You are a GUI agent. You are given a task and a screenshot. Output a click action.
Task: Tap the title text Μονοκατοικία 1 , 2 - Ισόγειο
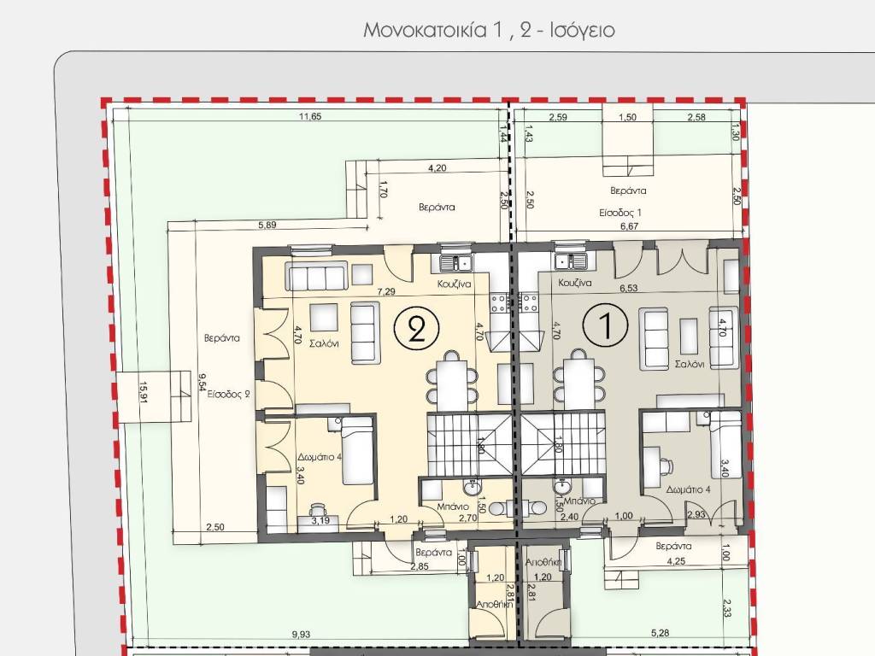[489, 30]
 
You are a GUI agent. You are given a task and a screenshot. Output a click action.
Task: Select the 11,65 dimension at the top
[310, 116]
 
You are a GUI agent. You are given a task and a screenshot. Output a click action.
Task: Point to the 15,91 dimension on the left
[144, 392]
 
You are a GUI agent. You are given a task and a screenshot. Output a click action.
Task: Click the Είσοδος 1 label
[620, 213]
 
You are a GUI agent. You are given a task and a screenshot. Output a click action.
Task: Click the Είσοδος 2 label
[229, 395]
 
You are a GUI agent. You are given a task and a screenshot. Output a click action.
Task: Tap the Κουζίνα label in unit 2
[454, 284]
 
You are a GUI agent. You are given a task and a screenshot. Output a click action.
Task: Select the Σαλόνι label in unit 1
[690, 364]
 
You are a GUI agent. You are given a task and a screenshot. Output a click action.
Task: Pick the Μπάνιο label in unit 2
[453, 507]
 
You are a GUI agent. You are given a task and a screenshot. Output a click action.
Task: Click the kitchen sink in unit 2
[456, 261]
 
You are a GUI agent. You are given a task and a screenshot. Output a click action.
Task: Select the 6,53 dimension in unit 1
[628, 289]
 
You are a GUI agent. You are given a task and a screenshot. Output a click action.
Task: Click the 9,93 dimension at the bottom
[301, 635]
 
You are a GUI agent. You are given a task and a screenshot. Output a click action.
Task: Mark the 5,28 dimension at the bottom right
[661, 633]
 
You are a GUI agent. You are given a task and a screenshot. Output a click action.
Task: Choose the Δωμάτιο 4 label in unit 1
[689, 489]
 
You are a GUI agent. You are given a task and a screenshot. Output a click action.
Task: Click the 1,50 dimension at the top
[628, 117]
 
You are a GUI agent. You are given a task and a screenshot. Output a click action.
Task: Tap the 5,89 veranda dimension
[267, 225]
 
